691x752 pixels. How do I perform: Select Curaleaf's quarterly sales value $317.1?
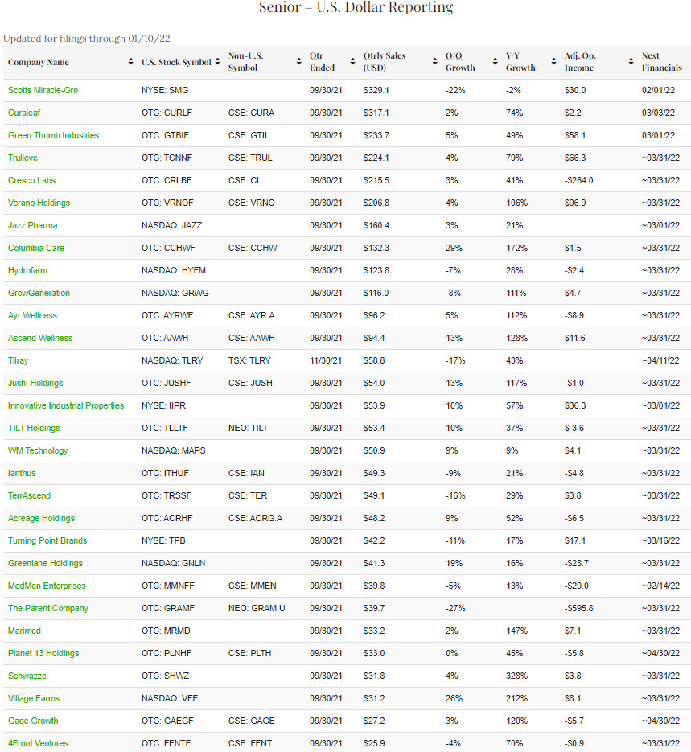pos(376,113)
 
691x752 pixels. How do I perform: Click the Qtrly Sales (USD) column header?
pos(384,62)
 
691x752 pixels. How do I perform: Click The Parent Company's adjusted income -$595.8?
pos(578,608)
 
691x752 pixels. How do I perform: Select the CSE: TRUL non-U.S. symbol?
pos(251,158)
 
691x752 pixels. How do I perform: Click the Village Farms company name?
pos(34,698)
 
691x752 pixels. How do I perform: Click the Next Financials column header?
pos(661,62)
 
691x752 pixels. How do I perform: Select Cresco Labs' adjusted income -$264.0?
pos(578,180)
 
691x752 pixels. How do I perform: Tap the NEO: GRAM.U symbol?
pos(257,608)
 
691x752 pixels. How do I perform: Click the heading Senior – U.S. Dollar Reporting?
pos(356,8)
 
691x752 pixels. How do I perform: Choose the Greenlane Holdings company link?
pos(45,563)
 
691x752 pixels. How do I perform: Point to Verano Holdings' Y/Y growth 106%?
pos(517,203)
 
